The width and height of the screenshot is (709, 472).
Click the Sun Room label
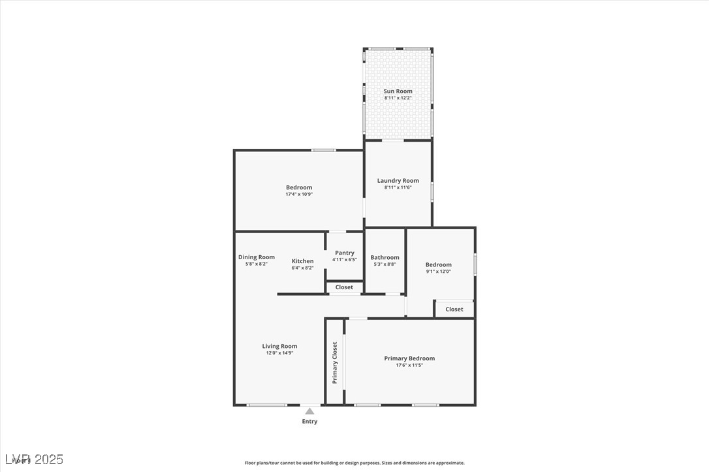pos(398,91)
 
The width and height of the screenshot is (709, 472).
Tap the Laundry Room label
pos(398,181)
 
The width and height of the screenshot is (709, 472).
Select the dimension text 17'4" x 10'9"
pos(299,195)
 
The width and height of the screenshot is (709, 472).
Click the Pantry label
pos(345,253)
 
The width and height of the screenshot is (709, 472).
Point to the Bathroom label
pos(385,257)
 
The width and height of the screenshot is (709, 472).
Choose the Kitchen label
pos(302,261)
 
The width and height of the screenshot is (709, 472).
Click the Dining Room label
pos(257,257)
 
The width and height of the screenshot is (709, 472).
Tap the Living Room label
pos(279,346)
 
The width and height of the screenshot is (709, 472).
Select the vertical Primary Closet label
pos(335,362)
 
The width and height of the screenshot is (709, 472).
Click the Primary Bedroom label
pos(409,358)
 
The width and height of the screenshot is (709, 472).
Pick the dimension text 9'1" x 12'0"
pos(438,272)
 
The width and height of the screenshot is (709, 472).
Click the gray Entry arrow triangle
pos(309,411)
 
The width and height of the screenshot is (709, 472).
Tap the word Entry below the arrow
pos(309,422)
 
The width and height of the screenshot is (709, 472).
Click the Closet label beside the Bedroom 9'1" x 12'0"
pos(454,309)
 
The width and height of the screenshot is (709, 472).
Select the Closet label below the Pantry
pos(344,287)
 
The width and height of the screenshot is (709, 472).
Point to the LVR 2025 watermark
pos(34,460)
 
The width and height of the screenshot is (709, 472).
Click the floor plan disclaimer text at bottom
pos(355,463)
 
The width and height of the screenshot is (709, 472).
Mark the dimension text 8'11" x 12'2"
pos(398,98)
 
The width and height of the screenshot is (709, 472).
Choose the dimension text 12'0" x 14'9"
pos(279,353)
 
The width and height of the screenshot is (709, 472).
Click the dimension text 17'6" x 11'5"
pos(409,365)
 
